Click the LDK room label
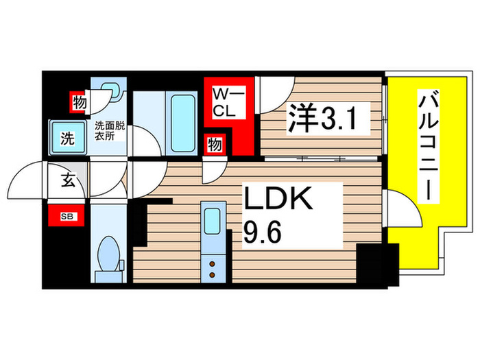pyautogui.click(x=280, y=200)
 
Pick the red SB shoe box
pyautogui.click(x=66, y=217)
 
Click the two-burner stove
pyautogui.click(x=211, y=267)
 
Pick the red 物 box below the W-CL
pyautogui.click(x=215, y=145)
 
